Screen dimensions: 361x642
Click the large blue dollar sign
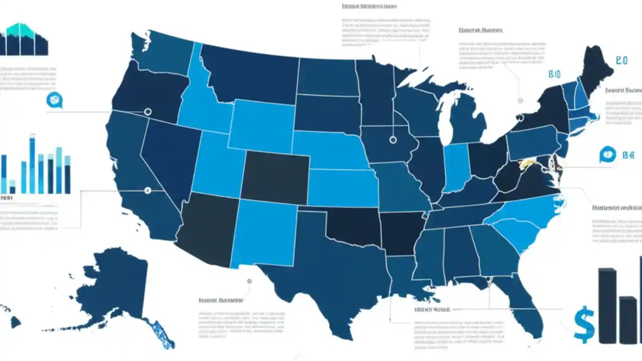pyautogui.click(x=584, y=325)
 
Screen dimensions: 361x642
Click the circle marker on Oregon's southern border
pyautogui.click(x=147, y=111)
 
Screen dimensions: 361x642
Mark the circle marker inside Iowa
pyautogui.click(x=393, y=140)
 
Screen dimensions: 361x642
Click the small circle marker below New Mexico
pyautogui.click(x=249, y=281)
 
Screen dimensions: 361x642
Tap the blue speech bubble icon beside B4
pyautogui.click(x=607, y=155)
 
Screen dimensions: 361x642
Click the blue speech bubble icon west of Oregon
pyautogui.click(x=54, y=100)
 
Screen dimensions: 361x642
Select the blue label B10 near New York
pyautogui.click(x=554, y=75)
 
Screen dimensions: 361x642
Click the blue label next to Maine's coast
pyautogui.click(x=621, y=61)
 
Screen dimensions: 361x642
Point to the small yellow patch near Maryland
pyautogui.click(x=527, y=163)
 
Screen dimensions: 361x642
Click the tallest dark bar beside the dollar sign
pyautogui.click(x=607, y=306)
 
